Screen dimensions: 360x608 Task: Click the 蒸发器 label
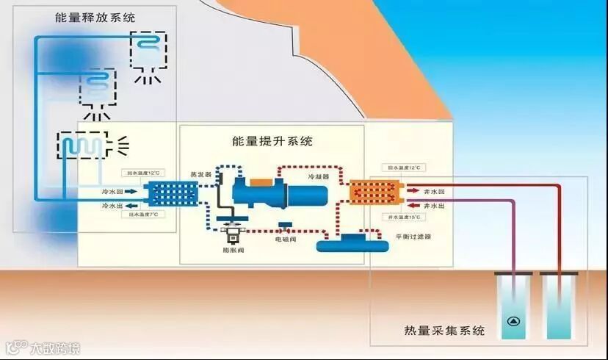[200, 174]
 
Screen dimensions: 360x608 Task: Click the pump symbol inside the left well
[513, 322]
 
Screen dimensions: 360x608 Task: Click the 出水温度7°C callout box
[142, 214]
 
